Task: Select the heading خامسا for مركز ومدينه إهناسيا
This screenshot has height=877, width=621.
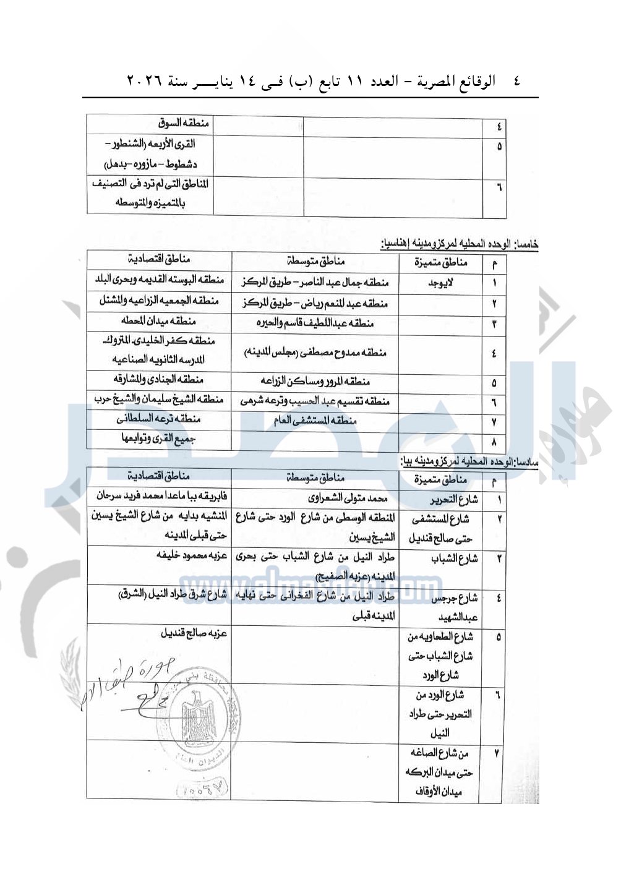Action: [x=459, y=244]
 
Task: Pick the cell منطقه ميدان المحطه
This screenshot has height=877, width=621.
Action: [x=159, y=321]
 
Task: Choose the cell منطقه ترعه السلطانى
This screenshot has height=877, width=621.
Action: [x=159, y=419]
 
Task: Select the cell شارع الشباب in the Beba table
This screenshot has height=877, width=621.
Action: [x=454, y=558]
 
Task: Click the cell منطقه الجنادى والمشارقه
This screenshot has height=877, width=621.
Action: [x=159, y=379]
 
